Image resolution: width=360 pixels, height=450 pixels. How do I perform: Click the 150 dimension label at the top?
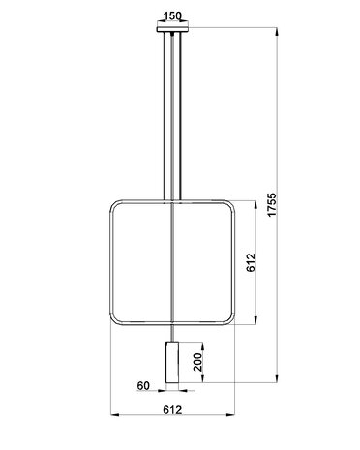coord(172,15)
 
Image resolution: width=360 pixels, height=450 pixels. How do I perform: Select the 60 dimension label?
coord(143,385)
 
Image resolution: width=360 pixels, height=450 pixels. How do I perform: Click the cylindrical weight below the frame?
coord(172,362)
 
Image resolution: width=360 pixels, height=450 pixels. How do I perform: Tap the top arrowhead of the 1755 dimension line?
coord(278,29)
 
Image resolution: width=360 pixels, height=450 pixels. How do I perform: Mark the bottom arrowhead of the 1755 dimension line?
coord(278,382)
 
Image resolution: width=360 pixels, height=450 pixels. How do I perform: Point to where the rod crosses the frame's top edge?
coord(172,198)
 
